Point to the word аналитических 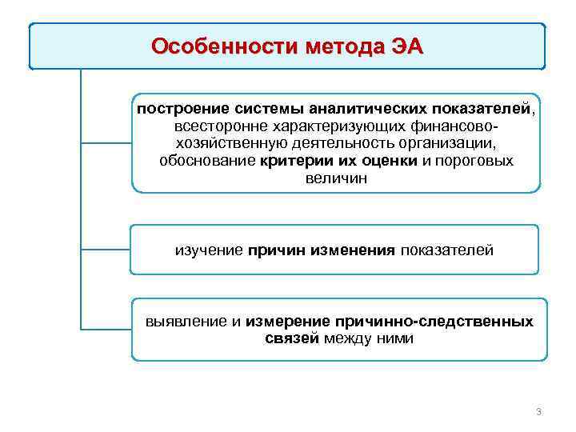coord(359,108)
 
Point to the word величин coord(335,178)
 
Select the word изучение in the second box coord(209,250)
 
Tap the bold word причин coord(277,250)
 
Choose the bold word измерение coord(287,321)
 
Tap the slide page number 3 coord(538,412)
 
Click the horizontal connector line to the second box coord(106,250)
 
